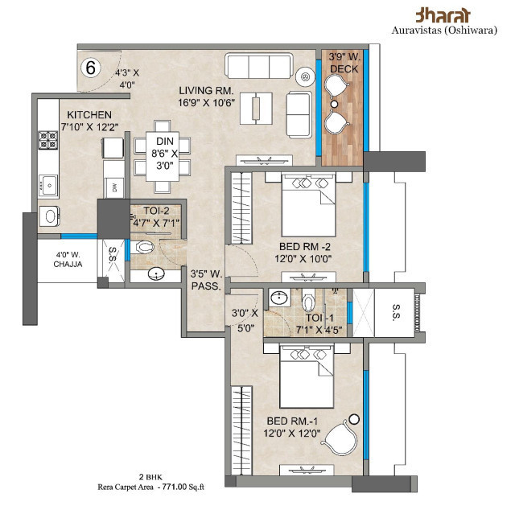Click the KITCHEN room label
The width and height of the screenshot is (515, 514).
click(89, 114)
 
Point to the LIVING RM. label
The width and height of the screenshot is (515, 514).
click(210, 91)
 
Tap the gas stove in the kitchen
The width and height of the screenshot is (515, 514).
click(44, 142)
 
